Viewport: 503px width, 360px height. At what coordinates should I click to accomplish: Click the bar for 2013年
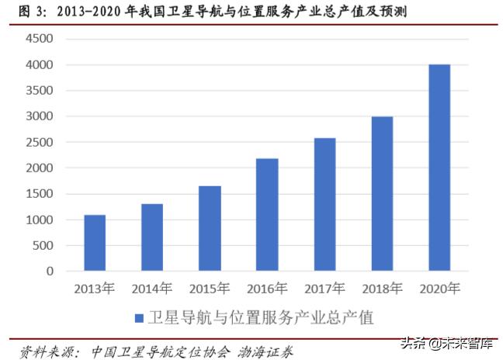(x=95, y=243)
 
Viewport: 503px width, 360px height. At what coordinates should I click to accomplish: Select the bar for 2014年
(x=152, y=237)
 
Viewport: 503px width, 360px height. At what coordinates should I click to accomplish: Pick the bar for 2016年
(x=267, y=215)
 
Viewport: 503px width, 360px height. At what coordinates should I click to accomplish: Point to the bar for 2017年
(x=324, y=205)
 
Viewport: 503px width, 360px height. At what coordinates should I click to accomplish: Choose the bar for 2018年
(x=382, y=194)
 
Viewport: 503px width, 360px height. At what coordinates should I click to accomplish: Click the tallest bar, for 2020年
(x=439, y=168)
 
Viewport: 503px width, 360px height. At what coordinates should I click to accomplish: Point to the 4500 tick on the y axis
(x=40, y=39)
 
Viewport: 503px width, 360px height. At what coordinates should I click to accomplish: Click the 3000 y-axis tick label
(x=40, y=116)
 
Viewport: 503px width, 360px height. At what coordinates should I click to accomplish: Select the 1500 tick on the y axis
(x=40, y=194)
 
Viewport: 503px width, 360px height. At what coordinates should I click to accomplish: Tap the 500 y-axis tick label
(x=43, y=245)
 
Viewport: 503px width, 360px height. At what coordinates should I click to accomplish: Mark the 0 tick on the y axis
(x=50, y=272)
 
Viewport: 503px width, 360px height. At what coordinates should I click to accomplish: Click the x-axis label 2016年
(x=267, y=289)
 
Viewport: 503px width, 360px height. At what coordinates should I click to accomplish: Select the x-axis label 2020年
(x=439, y=289)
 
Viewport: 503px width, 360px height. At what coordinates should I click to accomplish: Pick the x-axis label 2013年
(x=95, y=289)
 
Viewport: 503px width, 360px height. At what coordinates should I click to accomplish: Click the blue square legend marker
(x=139, y=318)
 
